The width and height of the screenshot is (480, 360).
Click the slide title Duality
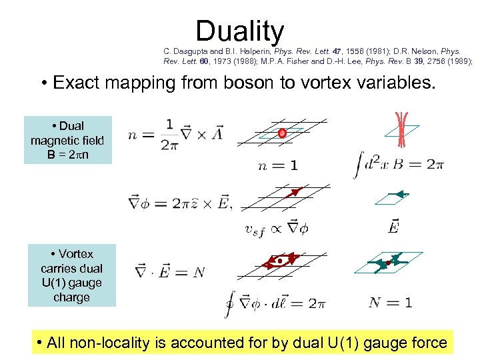pyautogui.click(x=240, y=31)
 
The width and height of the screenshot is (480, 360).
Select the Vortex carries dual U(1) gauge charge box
pyautogui.click(x=71, y=275)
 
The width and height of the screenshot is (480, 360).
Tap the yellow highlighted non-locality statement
pyautogui.click(x=243, y=343)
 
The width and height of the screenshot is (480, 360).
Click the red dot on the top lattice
pyautogui.click(x=282, y=133)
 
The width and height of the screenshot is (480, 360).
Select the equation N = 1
pyautogui.click(x=390, y=303)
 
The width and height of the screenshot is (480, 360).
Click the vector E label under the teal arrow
pyautogui.click(x=394, y=228)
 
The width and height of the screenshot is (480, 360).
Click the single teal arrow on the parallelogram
pyautogui.click(x=399, y=195)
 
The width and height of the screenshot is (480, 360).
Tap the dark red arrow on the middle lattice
pyautogui.click(x=293, y=193)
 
